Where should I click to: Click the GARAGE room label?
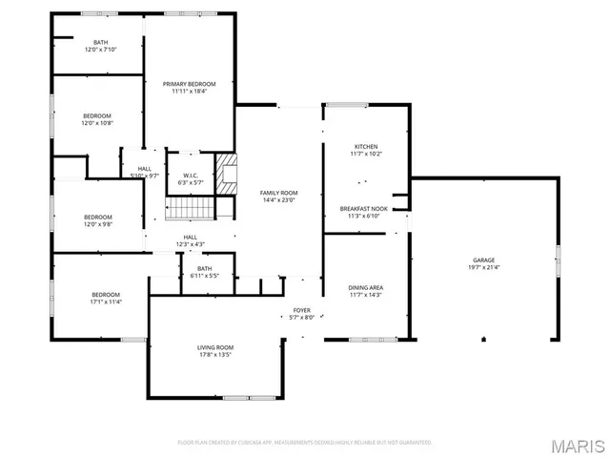pyautogui.click(x=484, y=260)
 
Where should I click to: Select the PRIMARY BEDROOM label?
pyautogui.click(x=189, y=84)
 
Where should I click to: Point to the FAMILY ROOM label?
pyautogui.click(x=279, y=193)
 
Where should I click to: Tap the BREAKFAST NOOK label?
pyautogui.click(x=364, y=208)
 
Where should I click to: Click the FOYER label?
pyautogui.click(x=301, y=310)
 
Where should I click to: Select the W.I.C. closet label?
pyautogui.click(x=190, y=176)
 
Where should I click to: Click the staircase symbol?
pyautogui.click(x=191, y=208)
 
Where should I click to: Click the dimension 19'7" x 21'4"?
pyautogui.click(x=484, y=268)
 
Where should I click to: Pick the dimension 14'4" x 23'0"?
pyautogui.click(x=279, y=200)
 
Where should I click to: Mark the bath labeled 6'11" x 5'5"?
pyautogui.click(x=203, y=272)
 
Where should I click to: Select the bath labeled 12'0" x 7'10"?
pyautogui.click(x=100, y=46)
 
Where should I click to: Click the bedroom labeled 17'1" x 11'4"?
pyautogui.click(x=106, y=298)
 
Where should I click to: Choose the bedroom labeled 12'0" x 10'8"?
pyautogui.click(x=97, y=118)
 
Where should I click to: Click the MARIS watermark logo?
pyautogui.click(x=579, y=446)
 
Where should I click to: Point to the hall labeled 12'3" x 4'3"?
pyautogui.click(x=191, y=240)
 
